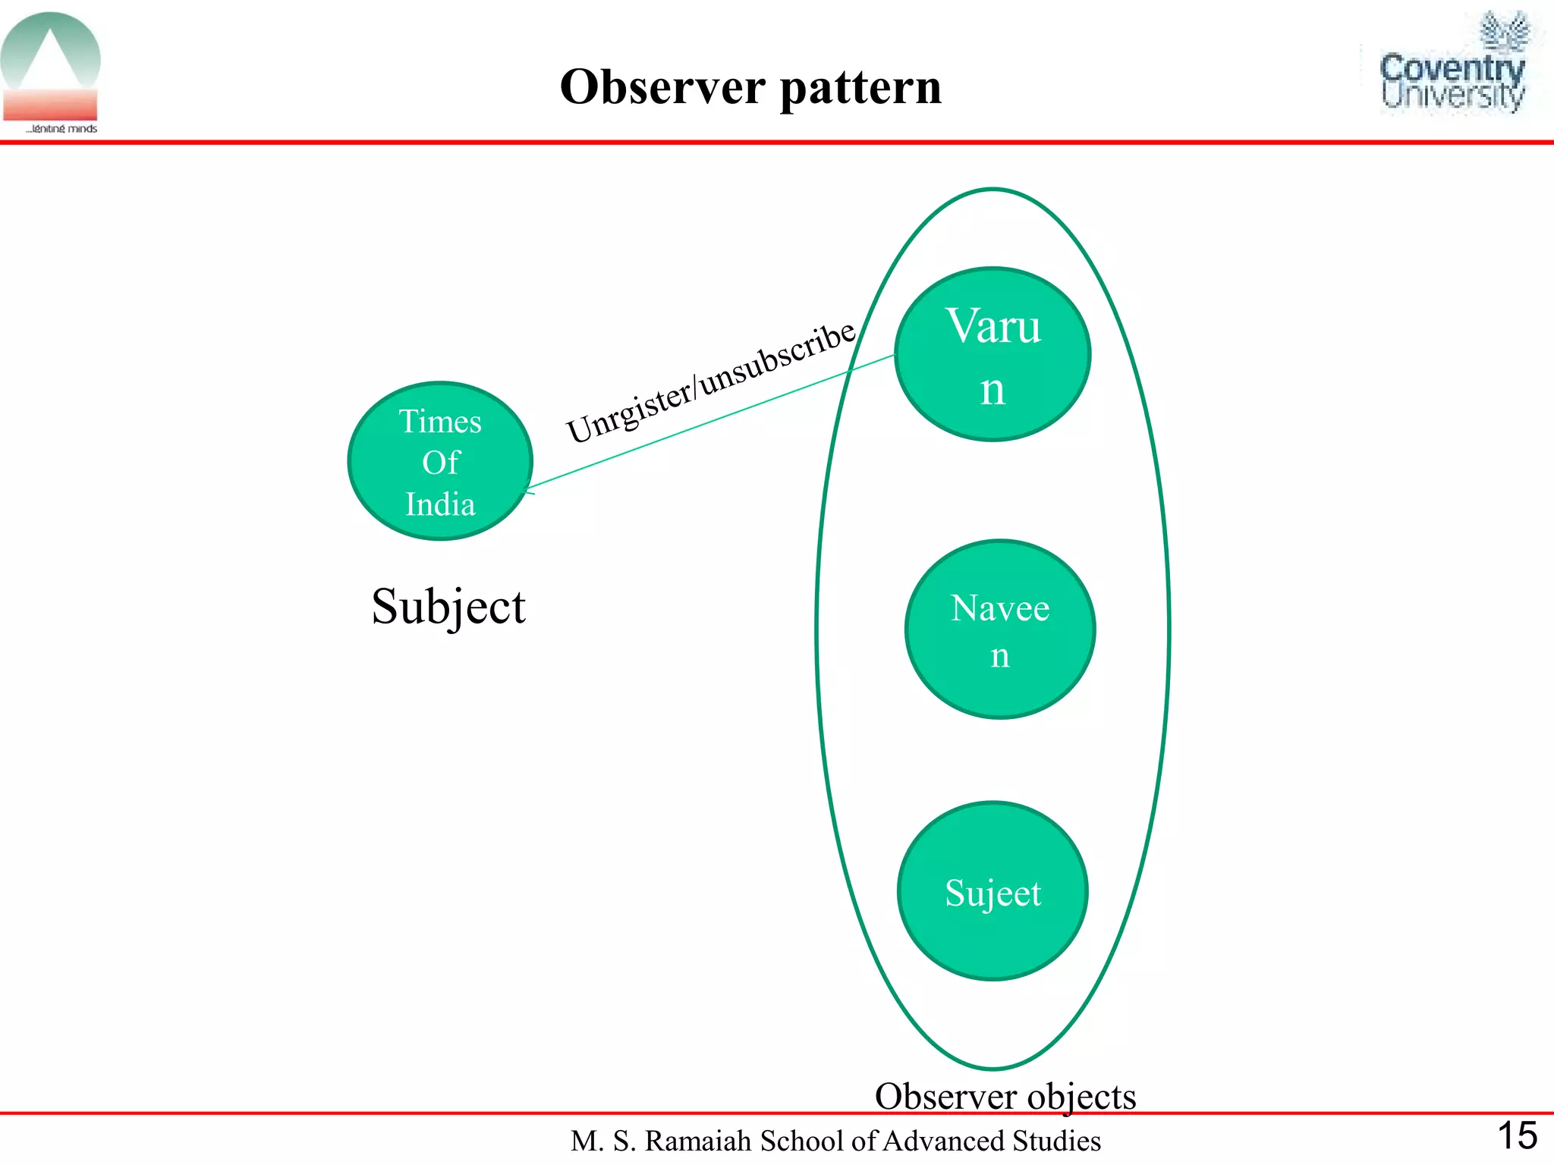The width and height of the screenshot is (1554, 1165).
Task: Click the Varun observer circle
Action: point(992,354)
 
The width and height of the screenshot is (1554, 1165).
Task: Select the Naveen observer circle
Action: point(1000,630)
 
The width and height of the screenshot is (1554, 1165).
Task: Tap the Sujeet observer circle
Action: point(992,891)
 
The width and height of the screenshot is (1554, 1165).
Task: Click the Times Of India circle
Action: point(440,461)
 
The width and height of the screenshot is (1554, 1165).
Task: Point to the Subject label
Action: point(448,607)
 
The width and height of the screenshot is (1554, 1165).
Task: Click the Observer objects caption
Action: point(1005,1096)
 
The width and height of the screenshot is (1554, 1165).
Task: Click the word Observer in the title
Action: point(662,86)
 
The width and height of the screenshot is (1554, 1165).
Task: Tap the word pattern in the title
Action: point(860,88)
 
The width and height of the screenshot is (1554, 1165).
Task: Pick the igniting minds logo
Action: point(51,73)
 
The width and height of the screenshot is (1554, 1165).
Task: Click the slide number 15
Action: point(1517,1136)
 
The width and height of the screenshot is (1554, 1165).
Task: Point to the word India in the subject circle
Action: point(440,504)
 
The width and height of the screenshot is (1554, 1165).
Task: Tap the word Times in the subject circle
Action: point(440,421)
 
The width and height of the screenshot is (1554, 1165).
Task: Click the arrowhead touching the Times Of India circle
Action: point(528,489)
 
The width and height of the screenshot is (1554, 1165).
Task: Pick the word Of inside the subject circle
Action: point(441,463)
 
